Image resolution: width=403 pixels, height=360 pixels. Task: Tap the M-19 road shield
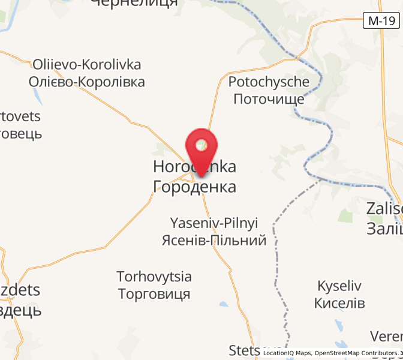(x=381, y=21)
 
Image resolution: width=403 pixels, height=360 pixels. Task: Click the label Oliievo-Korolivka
(x=87, y=64)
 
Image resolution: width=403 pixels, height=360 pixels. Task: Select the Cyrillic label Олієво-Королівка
(x=87, y=82)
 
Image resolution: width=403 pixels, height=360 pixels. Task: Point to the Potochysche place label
(x=269, y=82)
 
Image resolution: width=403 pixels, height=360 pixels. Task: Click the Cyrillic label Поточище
(x=269, y=99)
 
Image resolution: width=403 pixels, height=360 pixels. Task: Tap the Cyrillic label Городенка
(x=195, y=187)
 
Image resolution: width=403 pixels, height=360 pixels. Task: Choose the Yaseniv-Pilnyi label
(x=214, y=223)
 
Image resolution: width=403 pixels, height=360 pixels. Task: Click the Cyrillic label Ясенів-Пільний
(x=214, y=241)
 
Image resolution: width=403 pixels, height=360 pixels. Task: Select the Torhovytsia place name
(x=154, y=277)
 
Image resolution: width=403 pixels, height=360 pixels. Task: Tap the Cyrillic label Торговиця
(x=154, y=294)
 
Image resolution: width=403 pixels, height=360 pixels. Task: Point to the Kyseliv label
(x=340, y=285)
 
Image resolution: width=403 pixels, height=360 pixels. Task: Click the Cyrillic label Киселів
(x=340, y=302)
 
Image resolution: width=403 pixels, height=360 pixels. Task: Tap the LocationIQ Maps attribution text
(x=287, y=353)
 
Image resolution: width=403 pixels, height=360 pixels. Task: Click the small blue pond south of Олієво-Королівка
(x=38, y=96)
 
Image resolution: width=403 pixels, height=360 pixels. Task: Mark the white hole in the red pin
(x=201, y=144)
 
